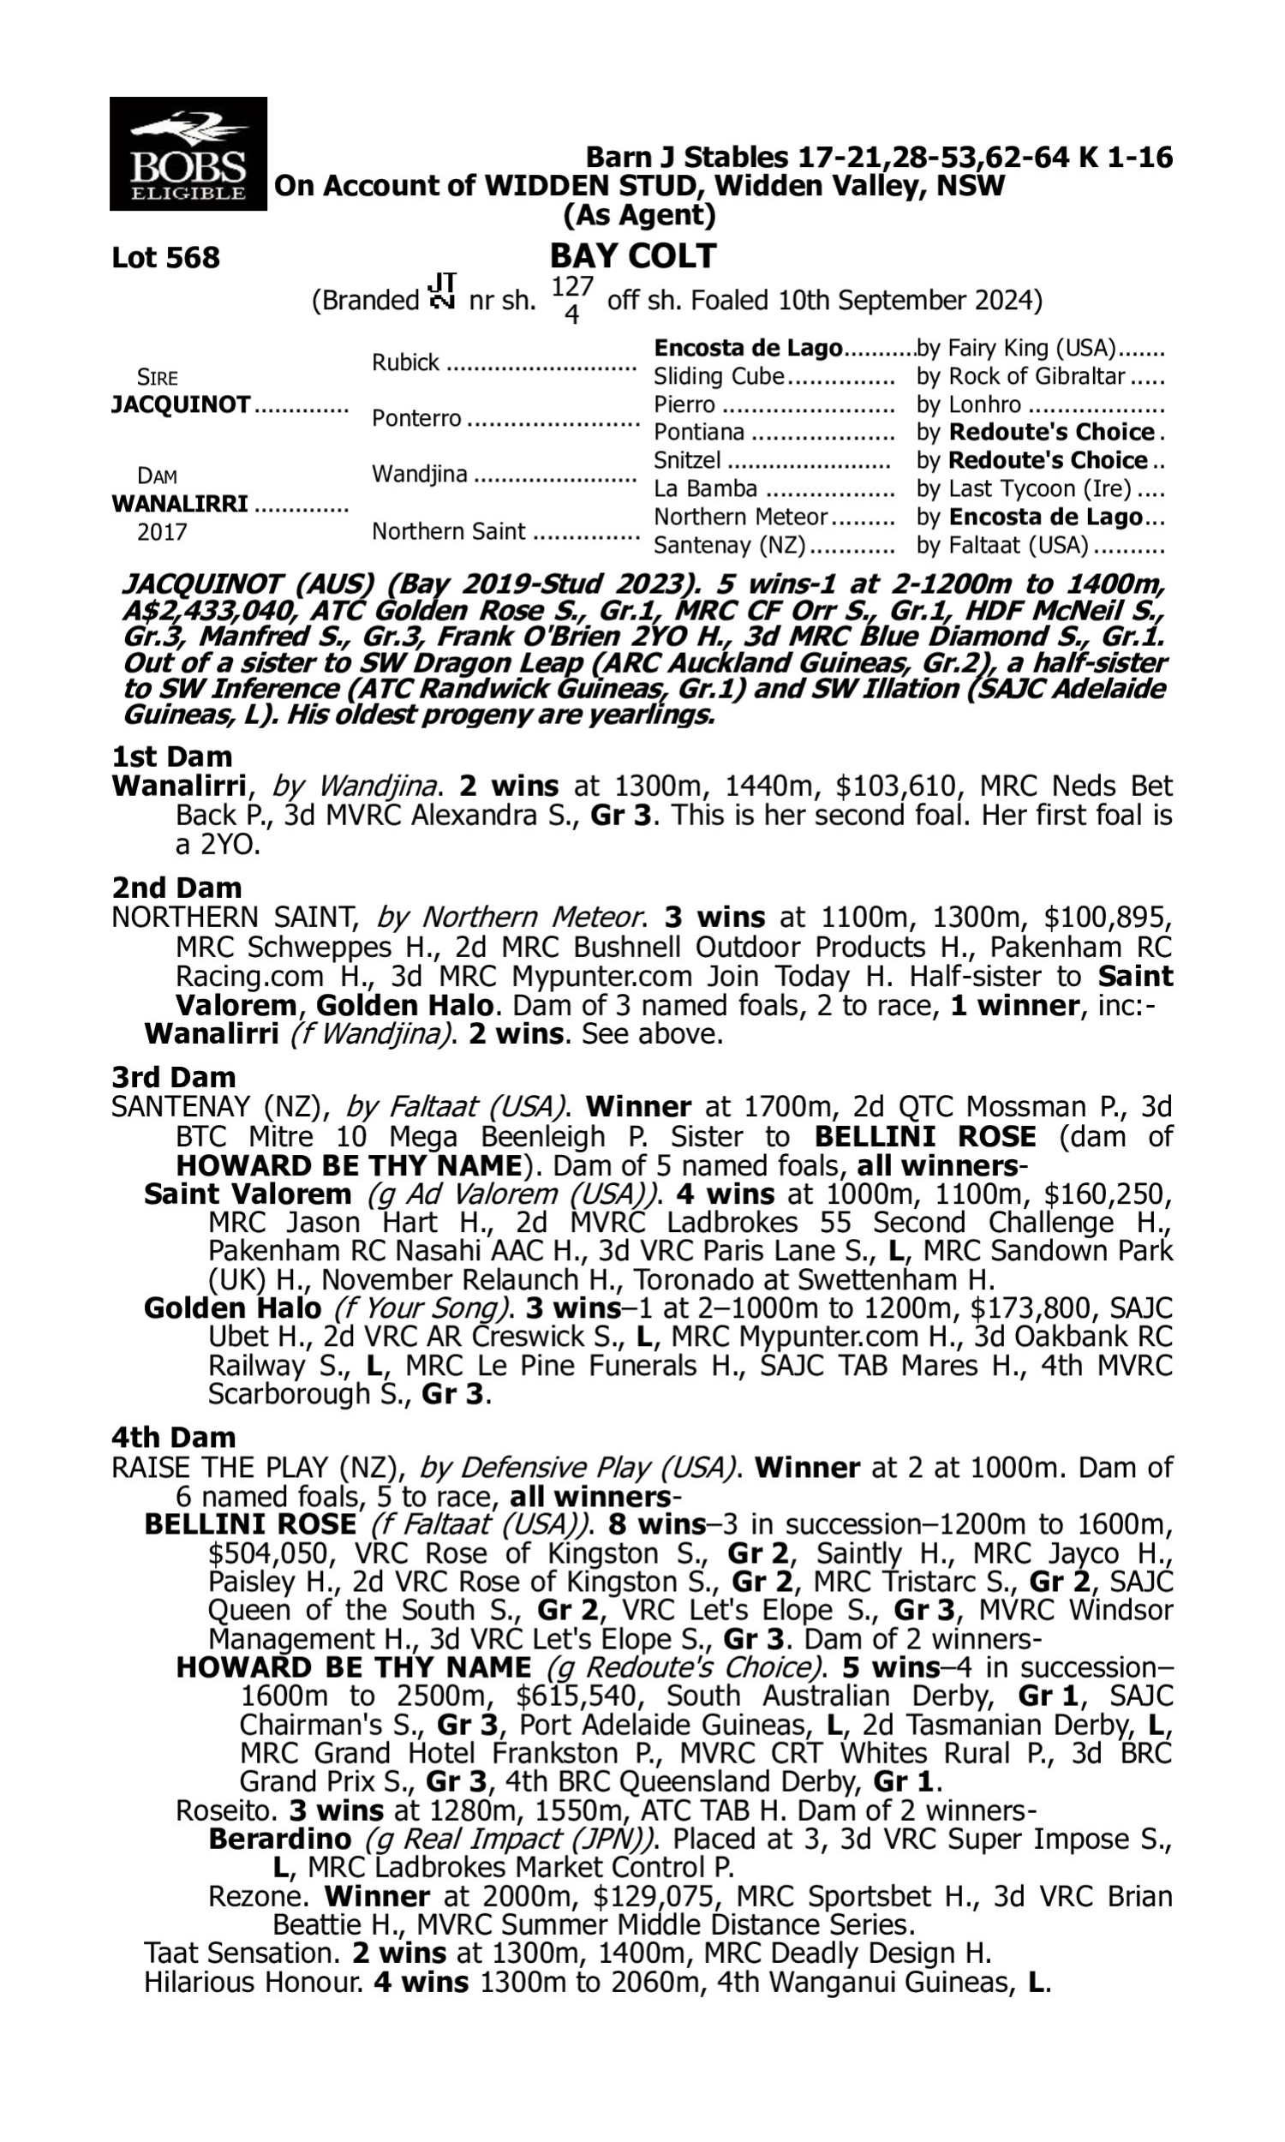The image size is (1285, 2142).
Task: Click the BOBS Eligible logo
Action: [188, 154]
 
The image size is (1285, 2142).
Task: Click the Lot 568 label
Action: [165, 258]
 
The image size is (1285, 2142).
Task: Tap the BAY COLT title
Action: [633, 256]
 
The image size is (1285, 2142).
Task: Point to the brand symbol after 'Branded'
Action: [443, 293]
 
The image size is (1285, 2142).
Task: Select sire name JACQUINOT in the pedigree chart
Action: [180, 404]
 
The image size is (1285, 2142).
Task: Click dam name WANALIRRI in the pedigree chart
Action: [179, 503]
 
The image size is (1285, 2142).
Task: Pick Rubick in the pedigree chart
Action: [405, 362]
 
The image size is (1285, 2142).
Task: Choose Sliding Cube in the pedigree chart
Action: [719, 377]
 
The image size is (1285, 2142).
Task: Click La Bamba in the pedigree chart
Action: [705, 488]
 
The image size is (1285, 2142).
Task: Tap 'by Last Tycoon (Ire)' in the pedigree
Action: [1024, 488]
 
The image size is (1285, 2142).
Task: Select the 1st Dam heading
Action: [171, 757]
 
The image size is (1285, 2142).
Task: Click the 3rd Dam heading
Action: [173, 1077]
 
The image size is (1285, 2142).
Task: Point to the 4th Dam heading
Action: [173, 1437]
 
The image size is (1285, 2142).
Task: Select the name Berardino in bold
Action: [279, 1838]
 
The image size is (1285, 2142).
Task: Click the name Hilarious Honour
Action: [253, 1982]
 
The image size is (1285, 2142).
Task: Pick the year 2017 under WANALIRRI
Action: [162, 531]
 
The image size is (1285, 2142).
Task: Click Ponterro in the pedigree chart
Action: [416, 418]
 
